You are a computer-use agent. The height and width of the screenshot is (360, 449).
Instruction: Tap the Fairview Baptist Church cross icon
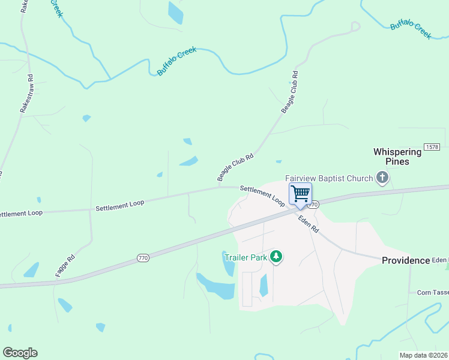tap(382, 178)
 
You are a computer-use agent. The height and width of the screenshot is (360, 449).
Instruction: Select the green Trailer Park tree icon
tap(276, 257)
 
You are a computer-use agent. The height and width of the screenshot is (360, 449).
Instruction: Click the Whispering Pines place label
tap(397, 157)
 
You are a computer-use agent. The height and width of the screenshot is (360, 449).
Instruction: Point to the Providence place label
tap(406, 260)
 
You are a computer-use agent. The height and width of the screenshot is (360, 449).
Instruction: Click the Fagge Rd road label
tap(65, 265)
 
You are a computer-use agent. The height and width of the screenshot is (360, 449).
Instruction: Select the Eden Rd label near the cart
tap(309, 224)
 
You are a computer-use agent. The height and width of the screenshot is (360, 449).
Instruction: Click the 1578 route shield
tap(431, 147)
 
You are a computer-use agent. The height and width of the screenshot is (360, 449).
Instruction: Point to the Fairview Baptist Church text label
tap(329, 178)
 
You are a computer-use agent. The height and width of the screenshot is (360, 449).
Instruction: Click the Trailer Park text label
tap(245, 257)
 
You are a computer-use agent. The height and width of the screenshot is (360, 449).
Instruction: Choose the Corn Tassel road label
tap(433, 292)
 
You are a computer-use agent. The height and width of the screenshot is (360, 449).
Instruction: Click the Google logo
tap(20, 353)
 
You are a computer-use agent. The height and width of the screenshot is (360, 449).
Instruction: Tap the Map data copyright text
tap(424, 355)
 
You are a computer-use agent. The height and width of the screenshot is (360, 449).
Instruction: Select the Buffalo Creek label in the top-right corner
tap(411, 29)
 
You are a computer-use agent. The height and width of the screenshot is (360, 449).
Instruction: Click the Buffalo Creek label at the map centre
tap(176, 62)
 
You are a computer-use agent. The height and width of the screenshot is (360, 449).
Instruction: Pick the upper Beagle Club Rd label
tap(290, 93)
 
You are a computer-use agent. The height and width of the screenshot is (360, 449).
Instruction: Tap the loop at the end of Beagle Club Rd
tap(355, 26)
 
